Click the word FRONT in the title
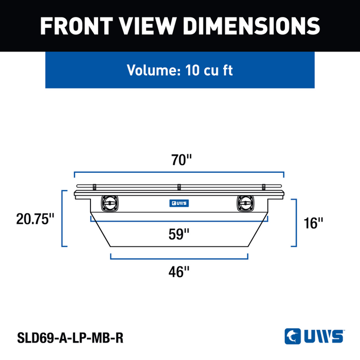(77, 26)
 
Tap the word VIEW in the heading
(148, 26)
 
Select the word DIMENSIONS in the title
(251, 26)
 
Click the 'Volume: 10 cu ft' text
(180, 70)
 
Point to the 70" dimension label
(181, 160)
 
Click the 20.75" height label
(35, 219)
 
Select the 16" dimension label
(313, 223)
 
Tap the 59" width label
(179, 234)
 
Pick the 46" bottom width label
(179, 272)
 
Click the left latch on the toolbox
(110, 204)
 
